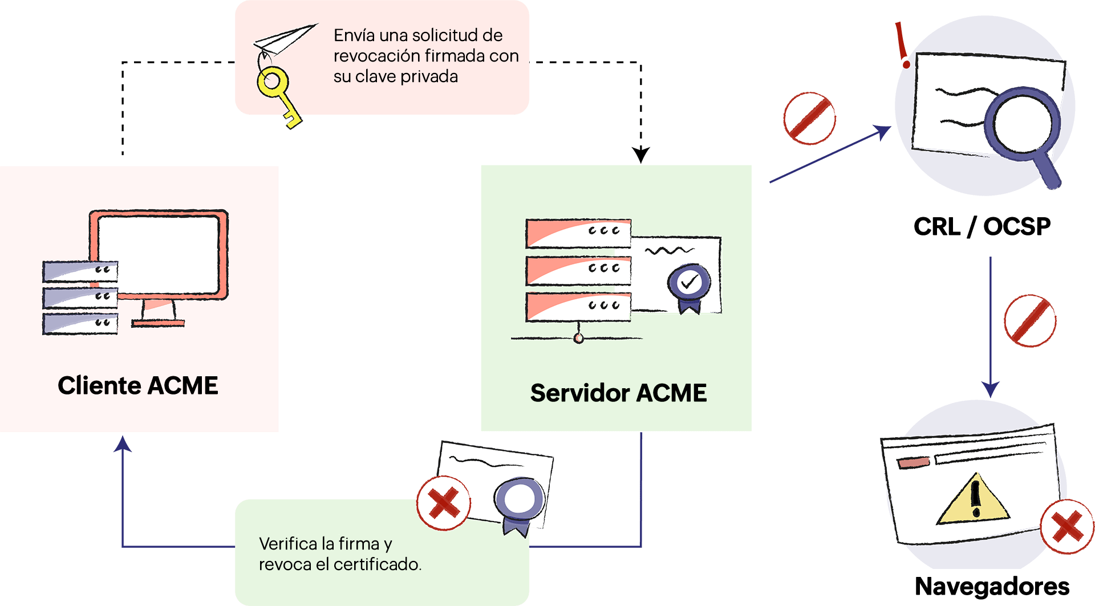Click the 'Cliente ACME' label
(138, 385)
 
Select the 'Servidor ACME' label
(618, 393)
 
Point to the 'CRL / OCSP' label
(982, 227)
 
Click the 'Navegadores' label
(992, 586)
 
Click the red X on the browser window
(1066, 526)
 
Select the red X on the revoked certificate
(443, 503)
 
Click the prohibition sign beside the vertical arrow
(1030, 320)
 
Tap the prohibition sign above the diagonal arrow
(809, 119)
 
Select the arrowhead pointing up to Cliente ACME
(123, 444)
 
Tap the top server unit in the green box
(578, 233)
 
